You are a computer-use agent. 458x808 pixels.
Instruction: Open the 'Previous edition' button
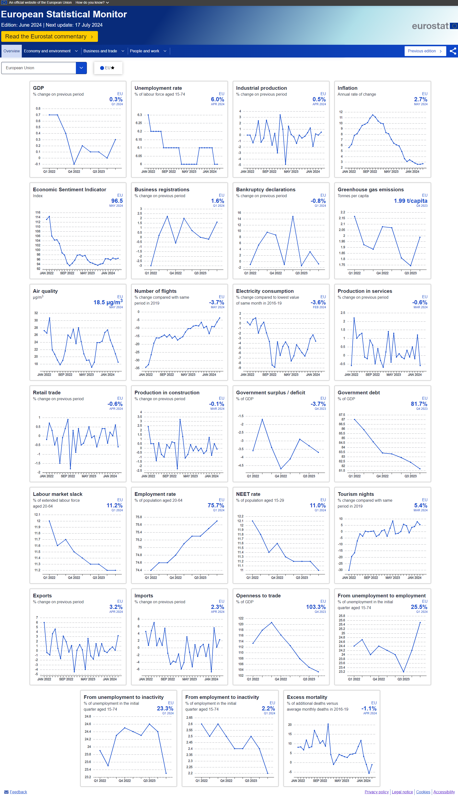point(424,51)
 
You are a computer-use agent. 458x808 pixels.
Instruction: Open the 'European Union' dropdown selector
point(44,68)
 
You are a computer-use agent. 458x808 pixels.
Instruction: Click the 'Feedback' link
point(18,792)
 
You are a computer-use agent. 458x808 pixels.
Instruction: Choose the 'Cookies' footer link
point(423,792)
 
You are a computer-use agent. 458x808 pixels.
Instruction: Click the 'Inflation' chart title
point(347,88)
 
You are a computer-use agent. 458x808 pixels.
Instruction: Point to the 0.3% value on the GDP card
point(116,99)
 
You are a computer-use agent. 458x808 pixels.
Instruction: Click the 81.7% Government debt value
point(419,404)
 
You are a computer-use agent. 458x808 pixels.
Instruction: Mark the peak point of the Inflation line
point(372,115)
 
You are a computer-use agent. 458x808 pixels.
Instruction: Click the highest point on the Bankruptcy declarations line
point(293,216)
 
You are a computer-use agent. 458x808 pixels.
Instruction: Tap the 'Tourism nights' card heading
point(355,494)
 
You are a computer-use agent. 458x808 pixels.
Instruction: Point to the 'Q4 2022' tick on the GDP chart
point(74,171)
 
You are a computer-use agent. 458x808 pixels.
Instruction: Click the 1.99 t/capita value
point(410,201)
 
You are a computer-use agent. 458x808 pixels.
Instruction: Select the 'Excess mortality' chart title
point(307,697)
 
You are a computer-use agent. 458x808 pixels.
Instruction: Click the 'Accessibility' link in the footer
point(444,792)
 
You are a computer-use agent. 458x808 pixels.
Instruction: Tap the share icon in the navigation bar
point(453,51)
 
